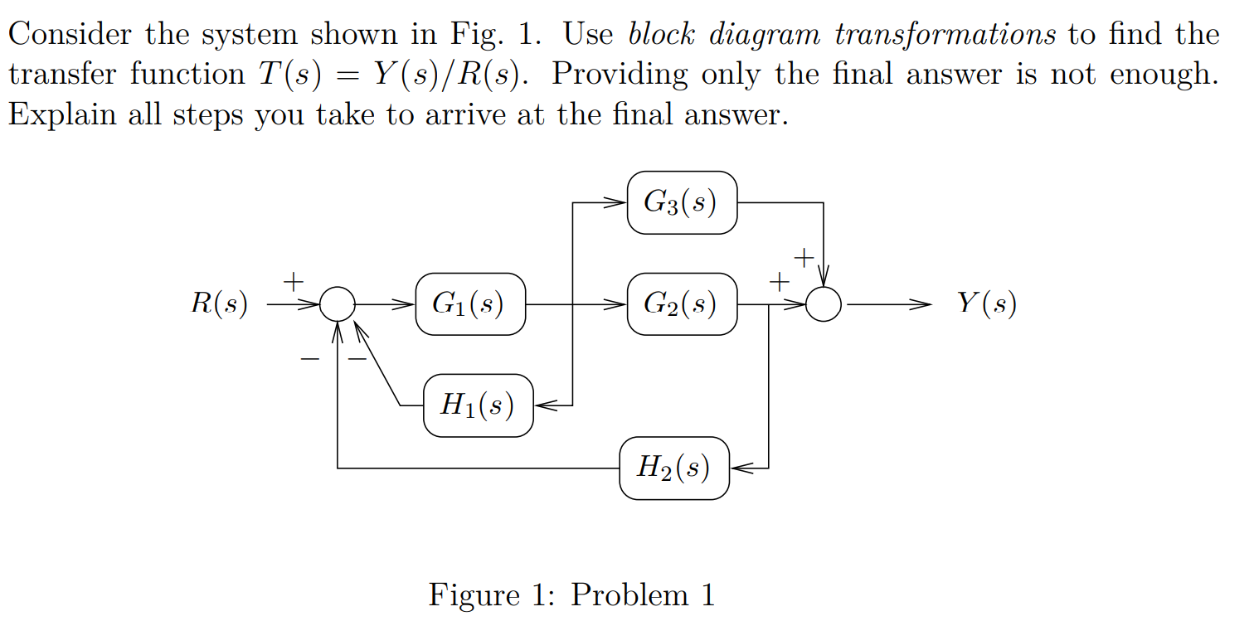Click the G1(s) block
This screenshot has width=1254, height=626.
pyautogui.click(x=470, y=304)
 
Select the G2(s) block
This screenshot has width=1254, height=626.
pyautogui.click(x=682, y=304)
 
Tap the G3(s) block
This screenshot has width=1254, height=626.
pyautogui.click(x=682, y=202)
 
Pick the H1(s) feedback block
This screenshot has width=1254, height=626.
pyautogui.click(x=478, y=405)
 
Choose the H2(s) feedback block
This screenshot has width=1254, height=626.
pyautogui.click(x=674, y=468)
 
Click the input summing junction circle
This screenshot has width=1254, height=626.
pyautogui.click(x=338, y=304)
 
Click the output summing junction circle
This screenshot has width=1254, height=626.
pyautogui.click(x=824, y=304)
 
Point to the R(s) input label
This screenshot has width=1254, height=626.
pyautogui.click(x=219, y=304)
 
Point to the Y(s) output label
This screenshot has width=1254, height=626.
pyautogui.click(x=986, y=303)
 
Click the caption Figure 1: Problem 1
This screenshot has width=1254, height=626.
pyautogui.click(x=571, y=595)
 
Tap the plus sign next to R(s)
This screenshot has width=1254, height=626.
pyautogui.click(x=292, y=282)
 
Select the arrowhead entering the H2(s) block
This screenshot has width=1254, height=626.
pyautogui.click(x=738, y=468)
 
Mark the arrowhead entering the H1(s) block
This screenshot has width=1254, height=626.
pyautogui.click(x=542, y=405)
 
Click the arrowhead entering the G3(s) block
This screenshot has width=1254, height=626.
pyautogui.click(x=619, y=202)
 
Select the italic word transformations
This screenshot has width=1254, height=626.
pyautogui.click(x=945, y=35)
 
